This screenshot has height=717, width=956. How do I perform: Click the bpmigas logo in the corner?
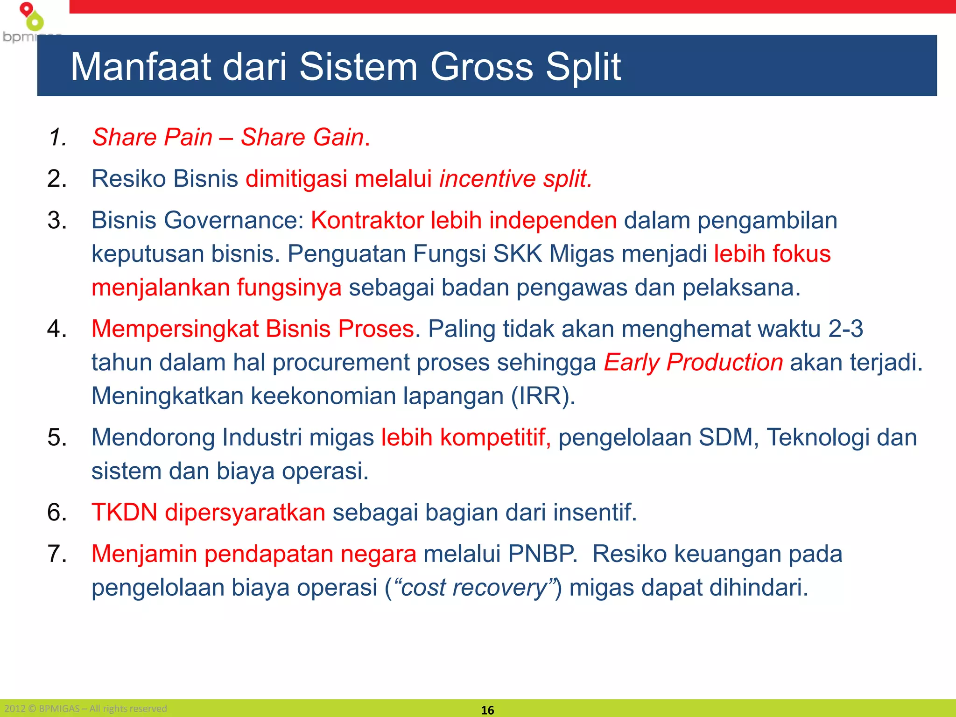pos(29,22)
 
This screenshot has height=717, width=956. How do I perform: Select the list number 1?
pos(56,137)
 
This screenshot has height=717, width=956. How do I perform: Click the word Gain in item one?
pos(338,137)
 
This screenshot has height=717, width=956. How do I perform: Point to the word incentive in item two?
pos(487,179)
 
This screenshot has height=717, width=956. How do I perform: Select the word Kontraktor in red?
pos(367,220)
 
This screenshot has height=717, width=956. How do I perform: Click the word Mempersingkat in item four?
pos(175,329)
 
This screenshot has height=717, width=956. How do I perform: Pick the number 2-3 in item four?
pos(845,329)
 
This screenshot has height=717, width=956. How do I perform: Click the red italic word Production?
pos(724,362)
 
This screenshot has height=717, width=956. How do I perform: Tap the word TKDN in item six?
pos(124,512)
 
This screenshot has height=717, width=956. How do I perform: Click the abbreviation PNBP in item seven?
pos(541,554)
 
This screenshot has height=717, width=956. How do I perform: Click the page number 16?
pos(487,710)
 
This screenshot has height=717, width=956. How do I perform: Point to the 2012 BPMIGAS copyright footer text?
pos(85,709)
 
